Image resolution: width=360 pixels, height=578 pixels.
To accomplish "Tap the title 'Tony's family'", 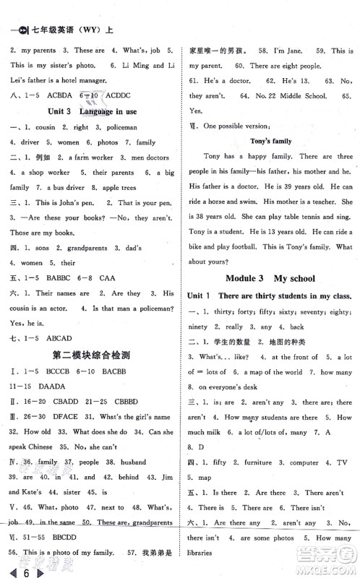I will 270,141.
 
